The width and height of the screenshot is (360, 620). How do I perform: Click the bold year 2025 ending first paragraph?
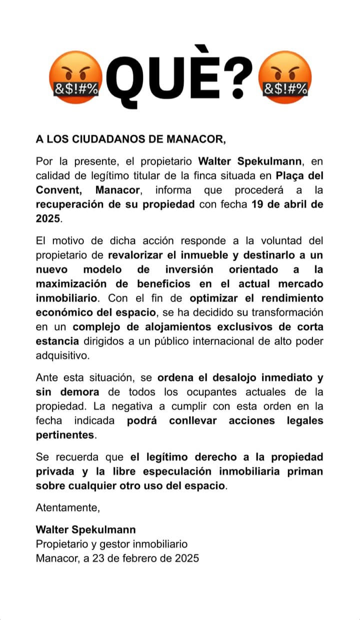point(48,219)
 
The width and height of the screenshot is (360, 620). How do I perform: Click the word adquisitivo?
point(62,356)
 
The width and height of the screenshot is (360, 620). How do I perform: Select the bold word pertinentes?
point(65,435)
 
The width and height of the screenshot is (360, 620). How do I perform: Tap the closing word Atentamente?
point(68,508)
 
